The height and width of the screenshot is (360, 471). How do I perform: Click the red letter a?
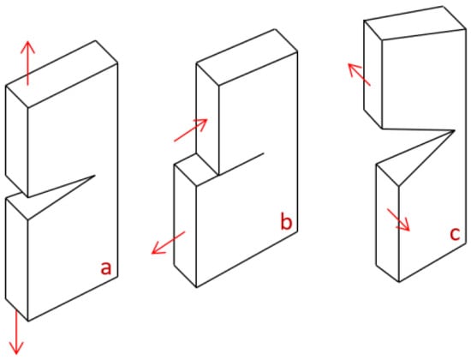coord(105,268)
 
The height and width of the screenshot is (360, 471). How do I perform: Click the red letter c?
coord(455,234)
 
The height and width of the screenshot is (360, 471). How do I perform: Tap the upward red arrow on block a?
coord(27,63)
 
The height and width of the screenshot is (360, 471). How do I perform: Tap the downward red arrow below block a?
coord(16,333)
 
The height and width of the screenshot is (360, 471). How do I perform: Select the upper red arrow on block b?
coord(191,130)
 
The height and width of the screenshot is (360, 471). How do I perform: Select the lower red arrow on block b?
coord(168,243)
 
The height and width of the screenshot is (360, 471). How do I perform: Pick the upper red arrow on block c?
coord(359,75)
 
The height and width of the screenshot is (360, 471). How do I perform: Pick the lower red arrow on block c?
coord(398,219)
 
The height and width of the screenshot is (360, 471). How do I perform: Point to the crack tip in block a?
coord(95,176)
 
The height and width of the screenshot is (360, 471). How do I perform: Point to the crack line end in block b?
coord(264,153)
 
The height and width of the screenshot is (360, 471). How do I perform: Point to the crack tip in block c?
coord(454,130)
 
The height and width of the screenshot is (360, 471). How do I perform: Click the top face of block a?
coord(62,74)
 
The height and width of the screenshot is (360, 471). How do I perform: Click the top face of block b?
coord(247,57)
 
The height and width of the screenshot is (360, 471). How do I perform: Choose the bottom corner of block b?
coord(196,287)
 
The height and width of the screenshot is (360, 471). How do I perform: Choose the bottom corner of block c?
coord(399,282)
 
